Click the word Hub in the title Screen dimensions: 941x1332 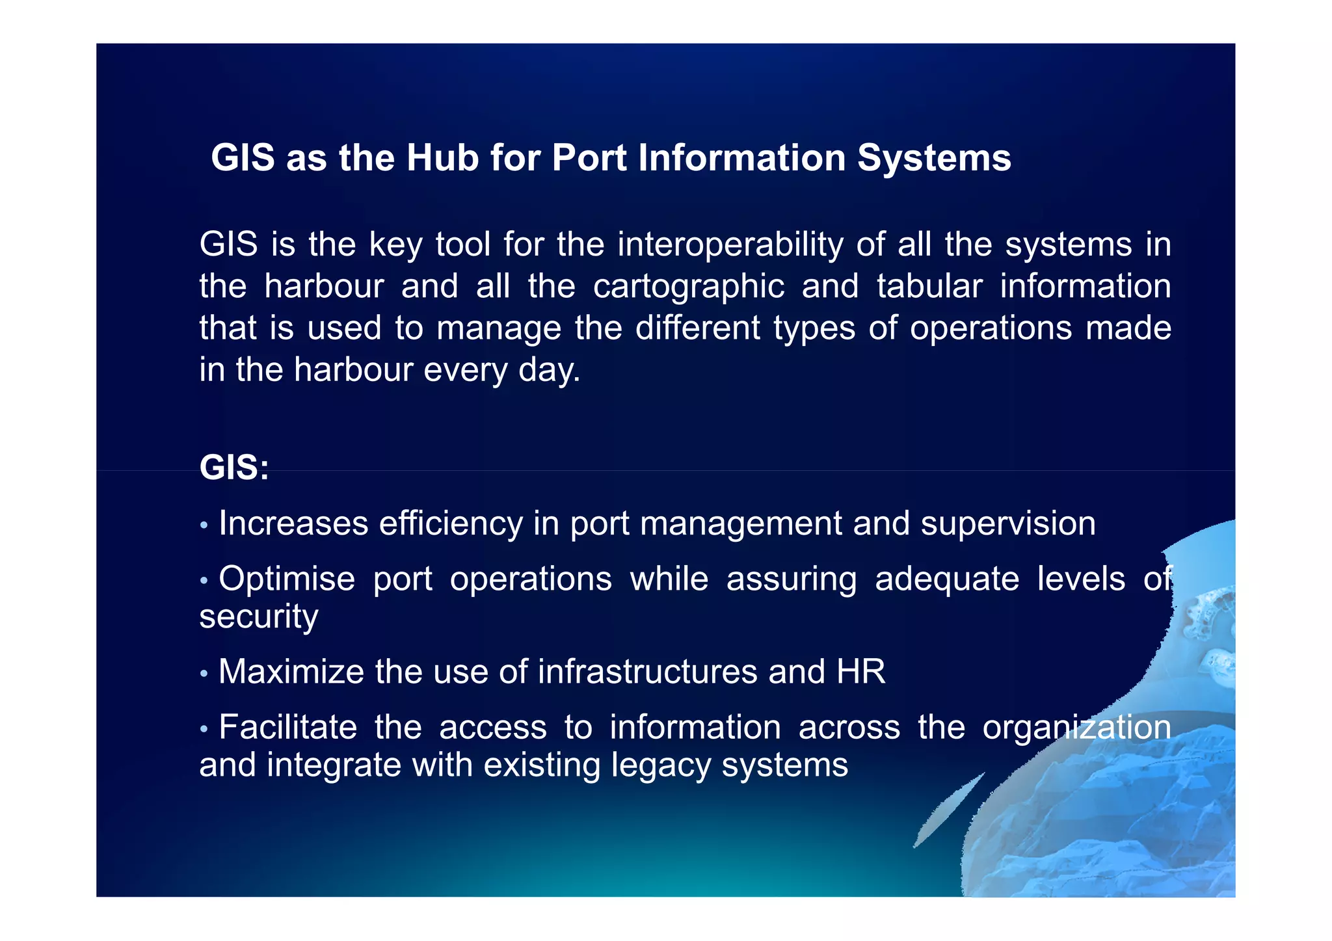tap(442, 158)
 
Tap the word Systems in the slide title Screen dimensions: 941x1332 tap(934, 158)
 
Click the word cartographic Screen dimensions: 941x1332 tap(689, 287)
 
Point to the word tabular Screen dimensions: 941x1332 tap(929, 287)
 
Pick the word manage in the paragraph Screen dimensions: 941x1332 tap(499, 329)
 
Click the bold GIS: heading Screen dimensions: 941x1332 tap(234, 468)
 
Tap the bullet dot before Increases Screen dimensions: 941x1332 tap(204, 525)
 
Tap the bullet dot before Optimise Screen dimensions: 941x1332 tap(204, 580)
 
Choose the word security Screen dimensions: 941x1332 tap(259, 616)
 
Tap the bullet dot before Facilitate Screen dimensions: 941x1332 tap(204, 728)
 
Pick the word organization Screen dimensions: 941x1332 tap(1076, 728)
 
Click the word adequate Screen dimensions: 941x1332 tap(947, 579)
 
